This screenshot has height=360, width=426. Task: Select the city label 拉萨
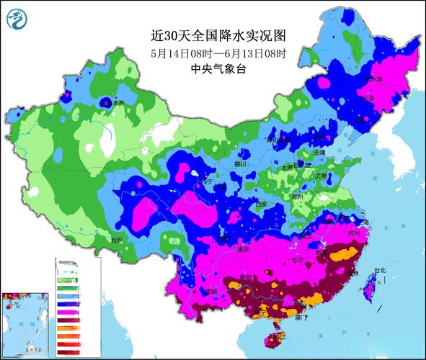tap(117, 238)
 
